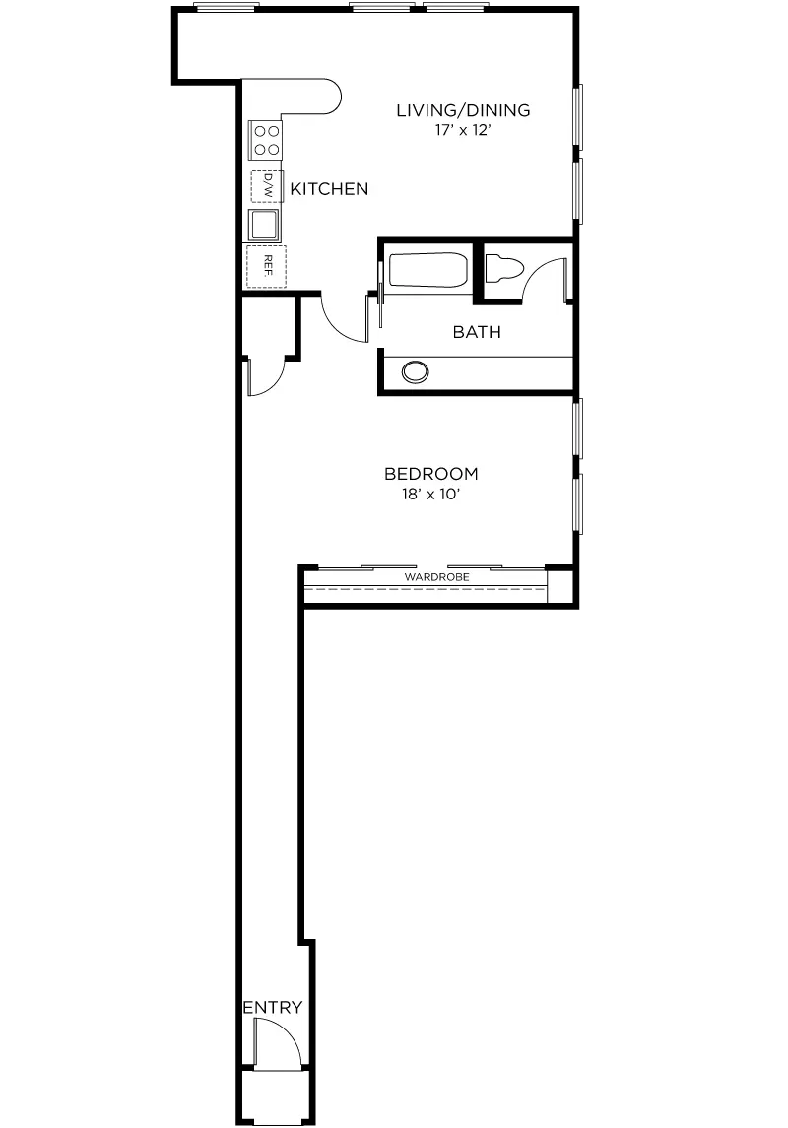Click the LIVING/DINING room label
click(x=463, y=110)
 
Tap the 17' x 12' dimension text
click(x=463, y=129)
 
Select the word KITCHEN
click(x=329, y=189)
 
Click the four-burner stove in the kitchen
click(x=265, y=139)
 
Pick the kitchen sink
click(x=264, y=226)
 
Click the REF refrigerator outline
click(x=266, y=264)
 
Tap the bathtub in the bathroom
click(x=427, y=271)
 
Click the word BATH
click(x=477, y=332)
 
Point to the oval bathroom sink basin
click(x=416, y=371)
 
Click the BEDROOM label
click(x=431, y=474)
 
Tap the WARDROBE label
click(x=436, y=576)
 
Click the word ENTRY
click(x=272, y=1008)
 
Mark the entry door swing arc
click(x=276, y=1039)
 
